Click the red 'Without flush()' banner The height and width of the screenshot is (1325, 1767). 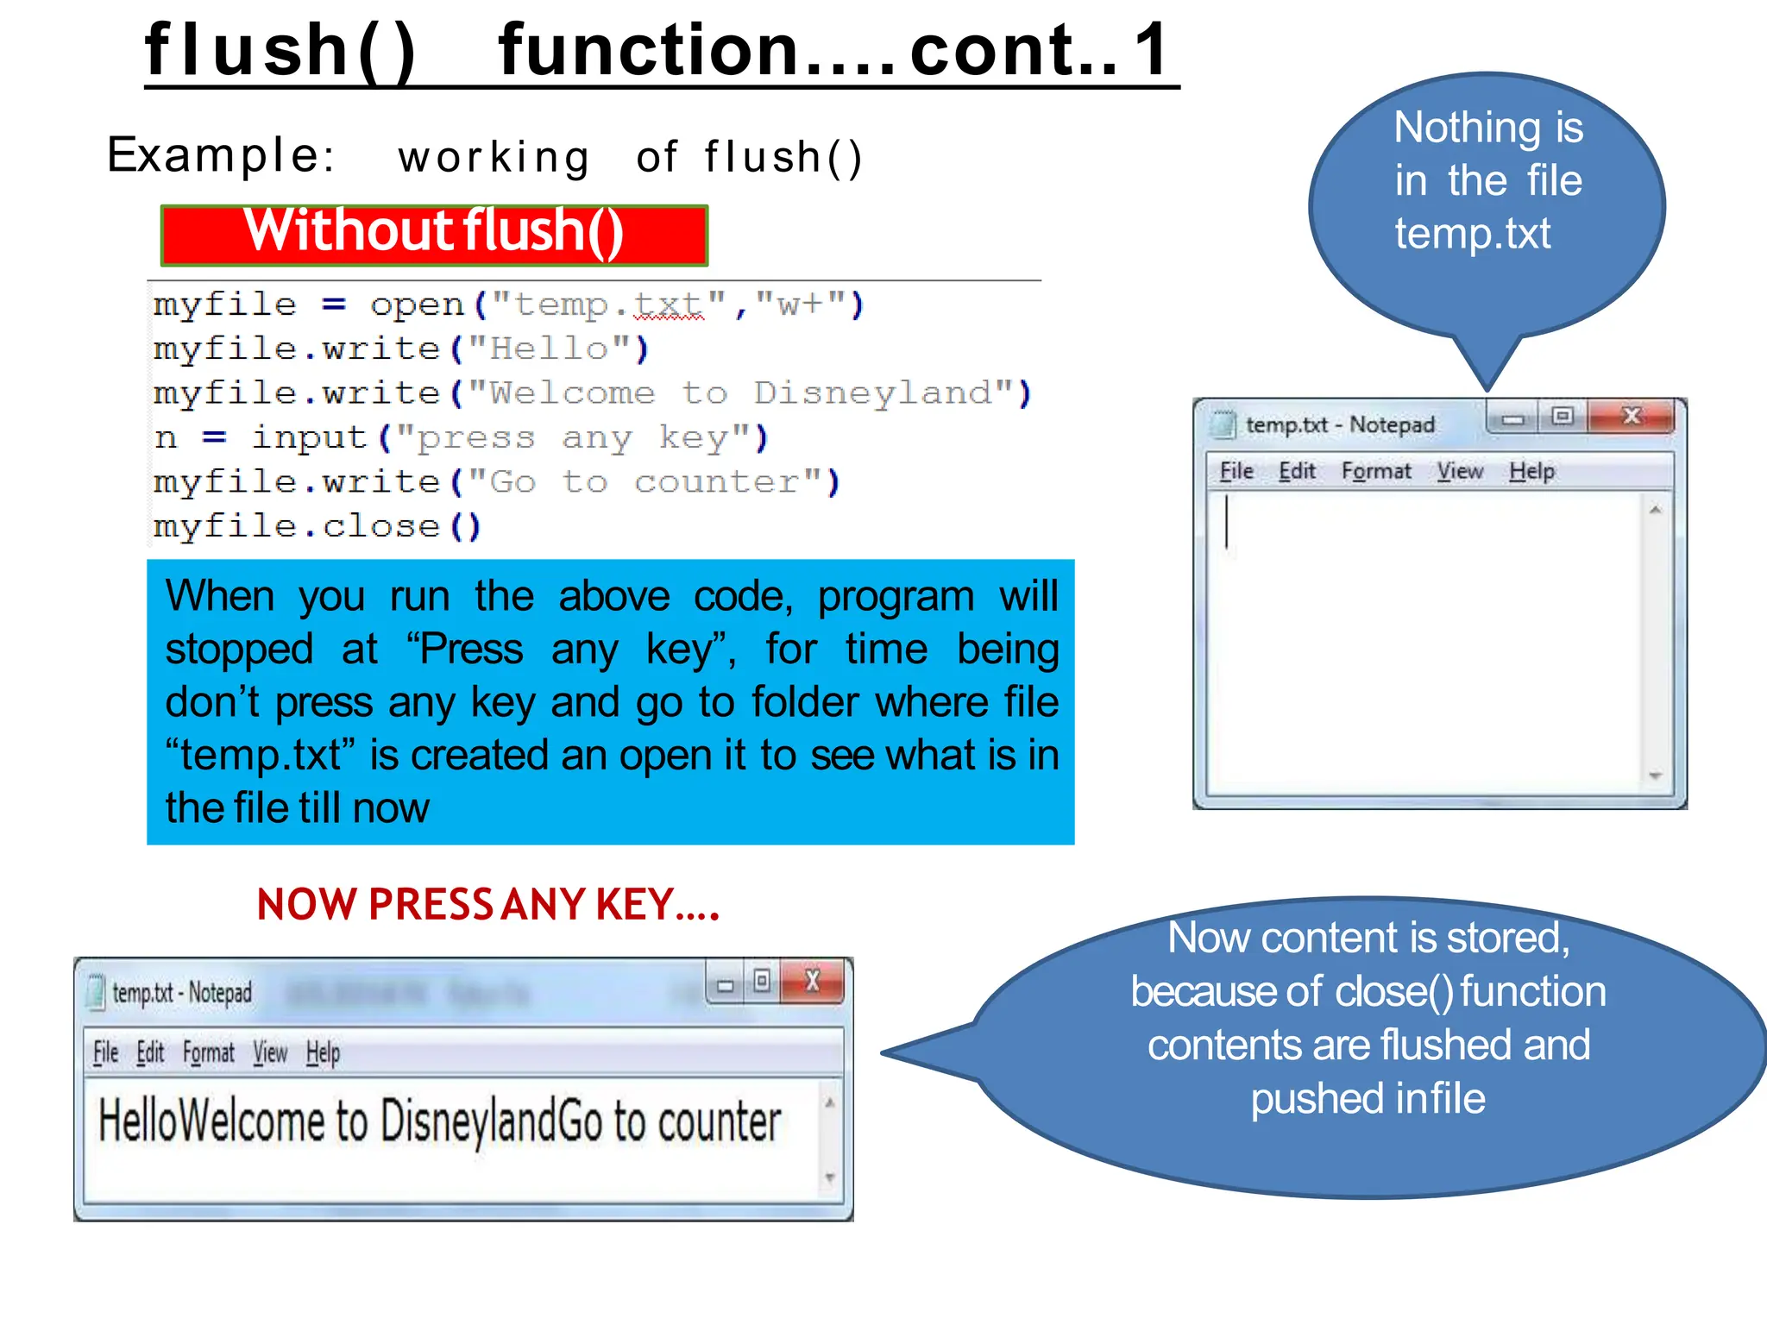pyautogui.click(x=434, y=234)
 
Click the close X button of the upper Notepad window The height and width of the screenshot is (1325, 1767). pyautogui.click(x=1631, y=417)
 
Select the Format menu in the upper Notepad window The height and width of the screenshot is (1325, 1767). pyautogui.click(x=1376, y=471)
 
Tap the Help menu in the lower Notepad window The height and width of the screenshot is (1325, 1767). pyautogui.click(x=323, y=1053)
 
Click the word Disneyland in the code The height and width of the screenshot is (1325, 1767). pyautogui.click(x=872, y=393)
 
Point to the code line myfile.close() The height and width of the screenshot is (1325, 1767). pyautogui.click(x=317, y=526)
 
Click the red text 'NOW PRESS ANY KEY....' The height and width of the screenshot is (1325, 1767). pyautogui.click(x=487, y=905)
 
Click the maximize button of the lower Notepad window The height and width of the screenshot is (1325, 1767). pyautogui.click(x=762, y=982)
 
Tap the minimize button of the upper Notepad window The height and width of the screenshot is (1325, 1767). pyautogui.click(x=1512, y=418)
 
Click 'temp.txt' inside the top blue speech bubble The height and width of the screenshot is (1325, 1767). pyautogui.click(x=1472, y=234)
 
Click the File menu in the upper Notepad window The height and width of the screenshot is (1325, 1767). pyautogui.click(x=1236, y=471)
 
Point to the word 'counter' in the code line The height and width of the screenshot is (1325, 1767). pyautogui.click(x=716, y=482)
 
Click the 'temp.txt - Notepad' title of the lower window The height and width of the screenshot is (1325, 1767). pyautogui.click(x=181, y=993)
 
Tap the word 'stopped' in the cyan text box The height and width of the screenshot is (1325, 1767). pyautogui.click(x=239, y=650)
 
